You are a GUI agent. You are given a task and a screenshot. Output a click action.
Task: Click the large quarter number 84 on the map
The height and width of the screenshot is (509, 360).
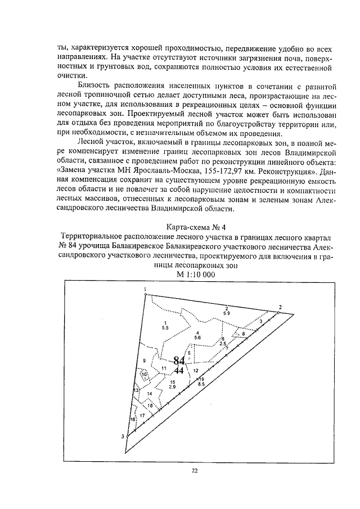click(x=179, y=360)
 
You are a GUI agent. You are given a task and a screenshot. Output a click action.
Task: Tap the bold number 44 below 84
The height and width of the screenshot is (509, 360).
click(x=179, y=371)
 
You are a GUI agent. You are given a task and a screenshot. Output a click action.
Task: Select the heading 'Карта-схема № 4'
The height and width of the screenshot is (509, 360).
click(x=180, y=227)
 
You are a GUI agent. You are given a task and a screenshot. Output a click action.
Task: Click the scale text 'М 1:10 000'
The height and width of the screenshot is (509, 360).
click(x=180, y=274)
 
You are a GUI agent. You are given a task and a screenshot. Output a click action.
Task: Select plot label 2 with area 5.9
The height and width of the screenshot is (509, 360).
click(x=226, y=310)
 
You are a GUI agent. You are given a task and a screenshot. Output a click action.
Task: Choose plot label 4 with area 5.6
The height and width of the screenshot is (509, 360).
click(x=197, y=336)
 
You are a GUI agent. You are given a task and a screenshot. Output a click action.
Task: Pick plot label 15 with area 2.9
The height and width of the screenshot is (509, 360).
click(x=172, y=385)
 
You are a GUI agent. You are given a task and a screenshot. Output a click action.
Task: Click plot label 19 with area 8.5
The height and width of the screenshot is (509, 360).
click(x=201, y=382)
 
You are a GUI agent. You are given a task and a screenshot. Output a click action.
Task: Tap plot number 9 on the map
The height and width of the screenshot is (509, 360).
click(x=144, y=361)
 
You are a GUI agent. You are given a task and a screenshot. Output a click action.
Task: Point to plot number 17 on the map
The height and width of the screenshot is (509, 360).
click(x=142, y=415)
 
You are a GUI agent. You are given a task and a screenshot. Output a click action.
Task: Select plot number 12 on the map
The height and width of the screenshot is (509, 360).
click(x=196, y=371)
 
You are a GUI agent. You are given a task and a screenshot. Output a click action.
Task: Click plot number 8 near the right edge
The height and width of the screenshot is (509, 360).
click(x=244, y=334)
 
